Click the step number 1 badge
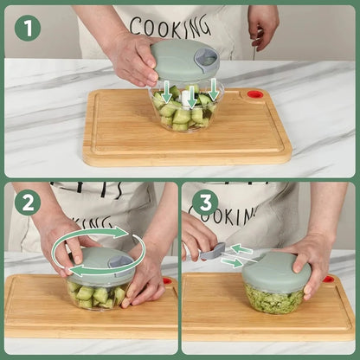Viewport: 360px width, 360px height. (x=27, y=28)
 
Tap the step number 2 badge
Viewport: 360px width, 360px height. (x=27, y=202)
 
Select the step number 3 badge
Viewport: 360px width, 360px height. (x=204, y=202)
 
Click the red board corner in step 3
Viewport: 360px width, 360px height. (x=329, y=280)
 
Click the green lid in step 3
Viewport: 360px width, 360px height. (x=276, y=270)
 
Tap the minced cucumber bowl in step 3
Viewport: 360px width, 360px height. (x=273, y=299)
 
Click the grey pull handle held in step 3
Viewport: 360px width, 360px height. (x=213, y=252)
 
